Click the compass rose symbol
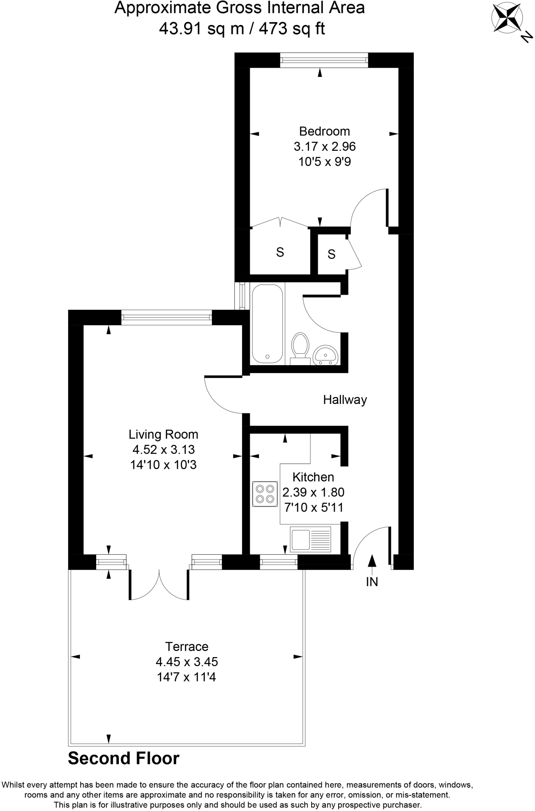507,19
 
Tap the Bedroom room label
324,131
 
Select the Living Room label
163,434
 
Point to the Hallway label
345,400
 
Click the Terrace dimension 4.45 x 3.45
187,662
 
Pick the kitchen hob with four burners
265,494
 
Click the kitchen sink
310,539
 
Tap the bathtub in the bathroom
267,324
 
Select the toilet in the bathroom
300,347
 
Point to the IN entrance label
372,582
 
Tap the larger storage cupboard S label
280,252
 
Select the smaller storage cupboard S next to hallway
331,254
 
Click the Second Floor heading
124,758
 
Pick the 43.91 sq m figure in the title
201,29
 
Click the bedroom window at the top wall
324,60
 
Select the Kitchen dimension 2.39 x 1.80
313,492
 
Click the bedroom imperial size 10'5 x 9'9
324,162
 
